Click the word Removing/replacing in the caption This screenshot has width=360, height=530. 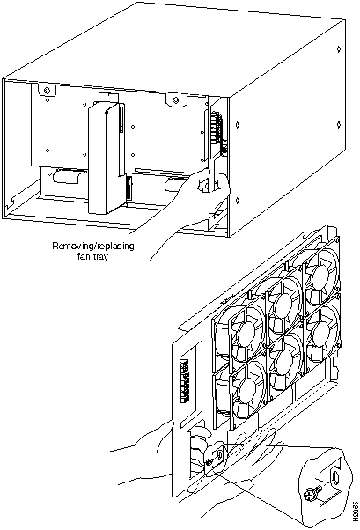click(x=93, y=246)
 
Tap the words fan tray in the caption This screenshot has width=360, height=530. click(x=93, y=256)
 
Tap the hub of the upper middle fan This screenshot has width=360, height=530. click(x=283, y=305)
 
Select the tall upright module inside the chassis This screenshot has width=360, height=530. click(x=105, y=158)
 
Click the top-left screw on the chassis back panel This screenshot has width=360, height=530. click(x=47, y=91)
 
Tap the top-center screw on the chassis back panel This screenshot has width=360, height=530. click(x=175, y=100)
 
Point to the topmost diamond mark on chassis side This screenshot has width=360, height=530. click(x=339, y=49)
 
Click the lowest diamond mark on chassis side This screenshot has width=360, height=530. click(x=238, y=201)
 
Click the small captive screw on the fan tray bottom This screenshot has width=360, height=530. click(x=209, y=462)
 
